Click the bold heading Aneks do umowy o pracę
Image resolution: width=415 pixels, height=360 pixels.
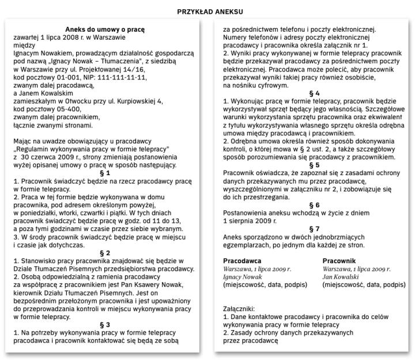pos(104,29)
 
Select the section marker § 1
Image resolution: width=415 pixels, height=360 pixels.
pos(104,173)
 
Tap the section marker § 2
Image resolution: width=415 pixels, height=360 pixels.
pos(104,253)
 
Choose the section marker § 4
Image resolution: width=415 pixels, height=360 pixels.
pos(314,93)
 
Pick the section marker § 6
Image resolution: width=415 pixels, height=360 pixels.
pos(314,204)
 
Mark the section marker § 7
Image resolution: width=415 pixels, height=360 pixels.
pos(314,229)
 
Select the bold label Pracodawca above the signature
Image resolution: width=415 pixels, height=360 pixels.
pos(242,260)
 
